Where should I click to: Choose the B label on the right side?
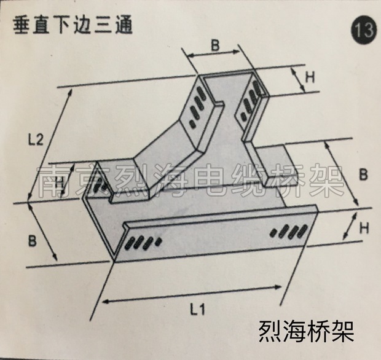click(x=363, y=174)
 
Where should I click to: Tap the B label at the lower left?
click(x=32, y=240)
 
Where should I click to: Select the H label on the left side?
click(x=59, y=182)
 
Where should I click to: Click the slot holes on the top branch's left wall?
click(x=198, y=104)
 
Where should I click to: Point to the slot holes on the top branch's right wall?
click(x=249, y=102)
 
